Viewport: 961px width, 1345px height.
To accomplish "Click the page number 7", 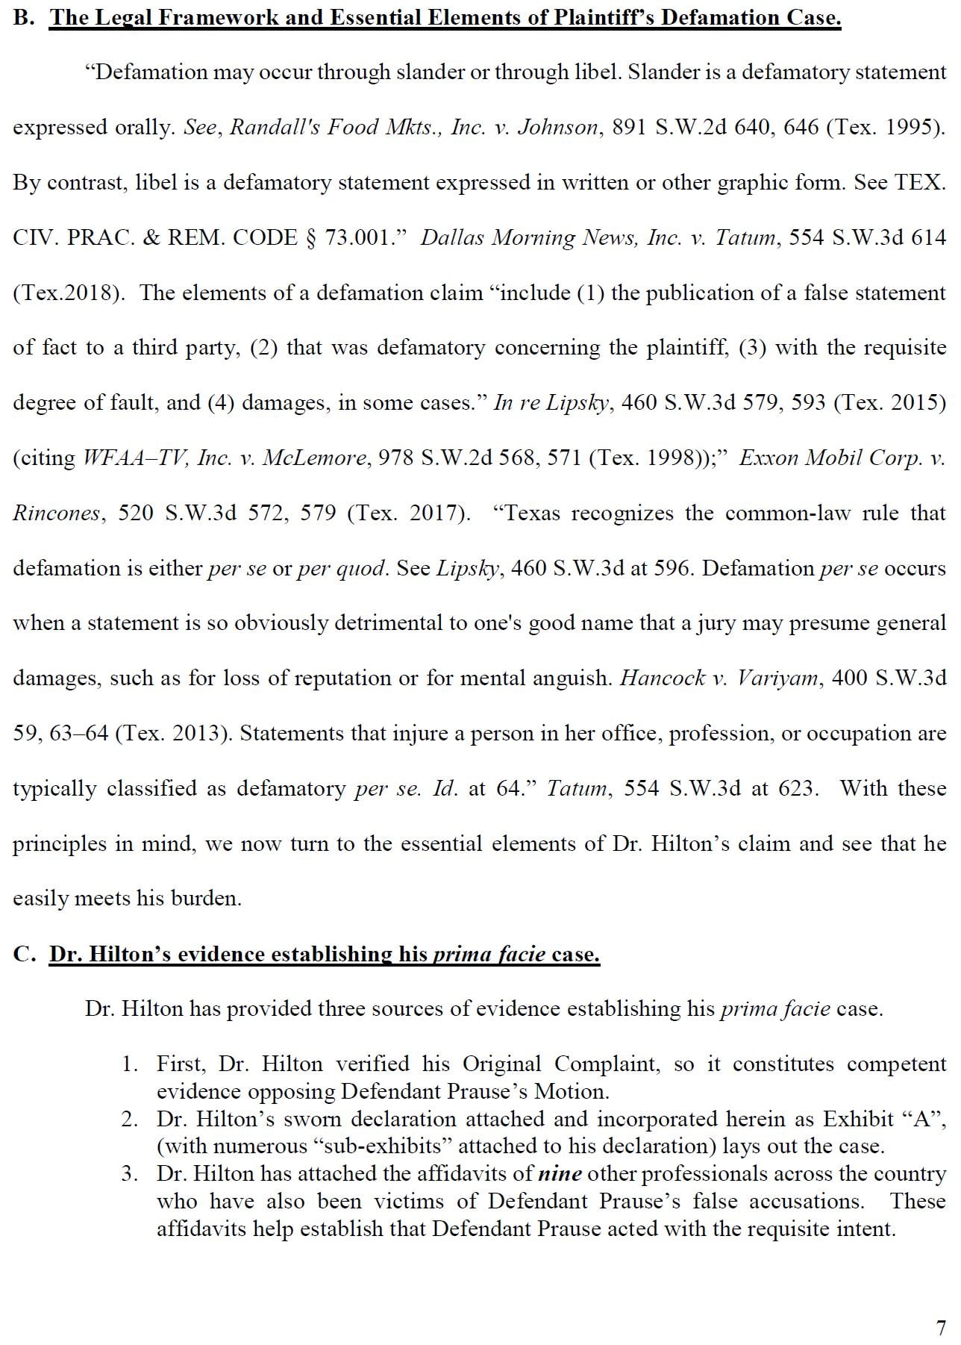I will [941, 1327].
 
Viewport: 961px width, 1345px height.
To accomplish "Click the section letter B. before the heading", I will [24, 18].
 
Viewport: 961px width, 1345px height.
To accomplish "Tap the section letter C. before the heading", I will [24, 954].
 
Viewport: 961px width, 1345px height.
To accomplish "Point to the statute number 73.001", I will [360, 238].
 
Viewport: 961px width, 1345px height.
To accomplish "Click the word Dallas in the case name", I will [452, 238].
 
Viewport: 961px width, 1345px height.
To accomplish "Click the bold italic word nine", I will [560, 1173].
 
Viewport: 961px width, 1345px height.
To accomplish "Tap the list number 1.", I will [130, 1064].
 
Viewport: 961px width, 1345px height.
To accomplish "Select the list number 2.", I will [130, 1119].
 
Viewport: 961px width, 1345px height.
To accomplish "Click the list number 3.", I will [130, 1173].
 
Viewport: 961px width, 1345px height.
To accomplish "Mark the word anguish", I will [572, 678].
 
